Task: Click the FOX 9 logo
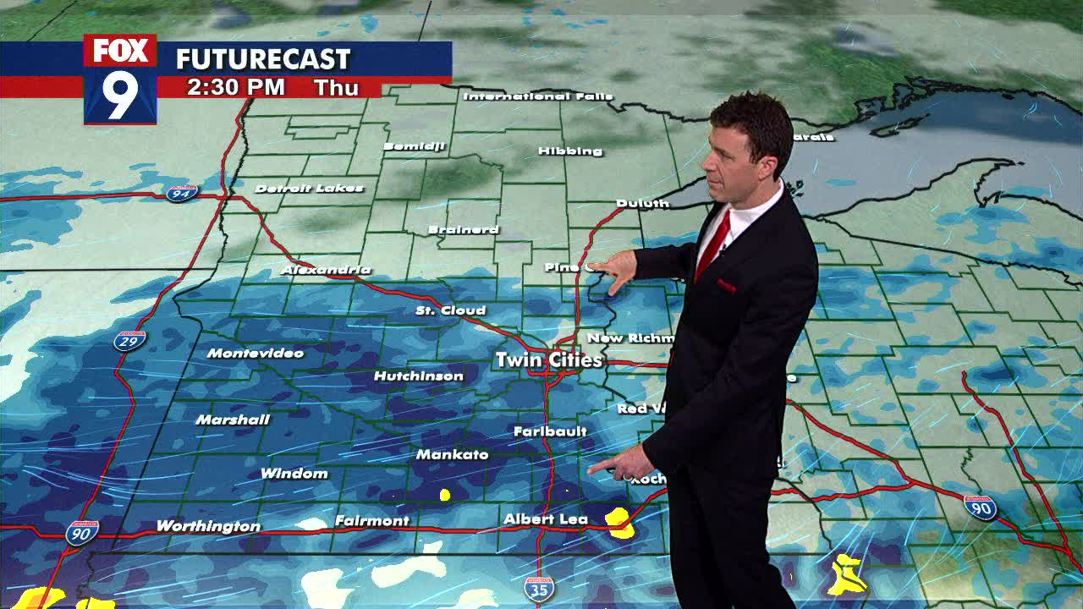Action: (120, 80)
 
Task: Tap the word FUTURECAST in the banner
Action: (262, 59)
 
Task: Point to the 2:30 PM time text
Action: (236, 88)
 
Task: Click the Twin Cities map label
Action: (549, 360)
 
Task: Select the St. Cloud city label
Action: (450, 310)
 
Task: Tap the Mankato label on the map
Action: (452, 455)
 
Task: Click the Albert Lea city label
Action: (545, 519)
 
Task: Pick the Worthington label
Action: (208, 526)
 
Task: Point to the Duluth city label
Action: (642, 203)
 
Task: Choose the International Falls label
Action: (537, 96)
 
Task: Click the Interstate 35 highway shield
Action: (539, 589)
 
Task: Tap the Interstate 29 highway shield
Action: (129, 341)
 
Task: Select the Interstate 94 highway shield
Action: (181, 193)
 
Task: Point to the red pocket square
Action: (727, 286)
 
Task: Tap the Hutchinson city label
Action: (418, 376)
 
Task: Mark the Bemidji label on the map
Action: (414, 146)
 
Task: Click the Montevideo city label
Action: (255, 353)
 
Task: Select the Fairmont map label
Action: (371, 521)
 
